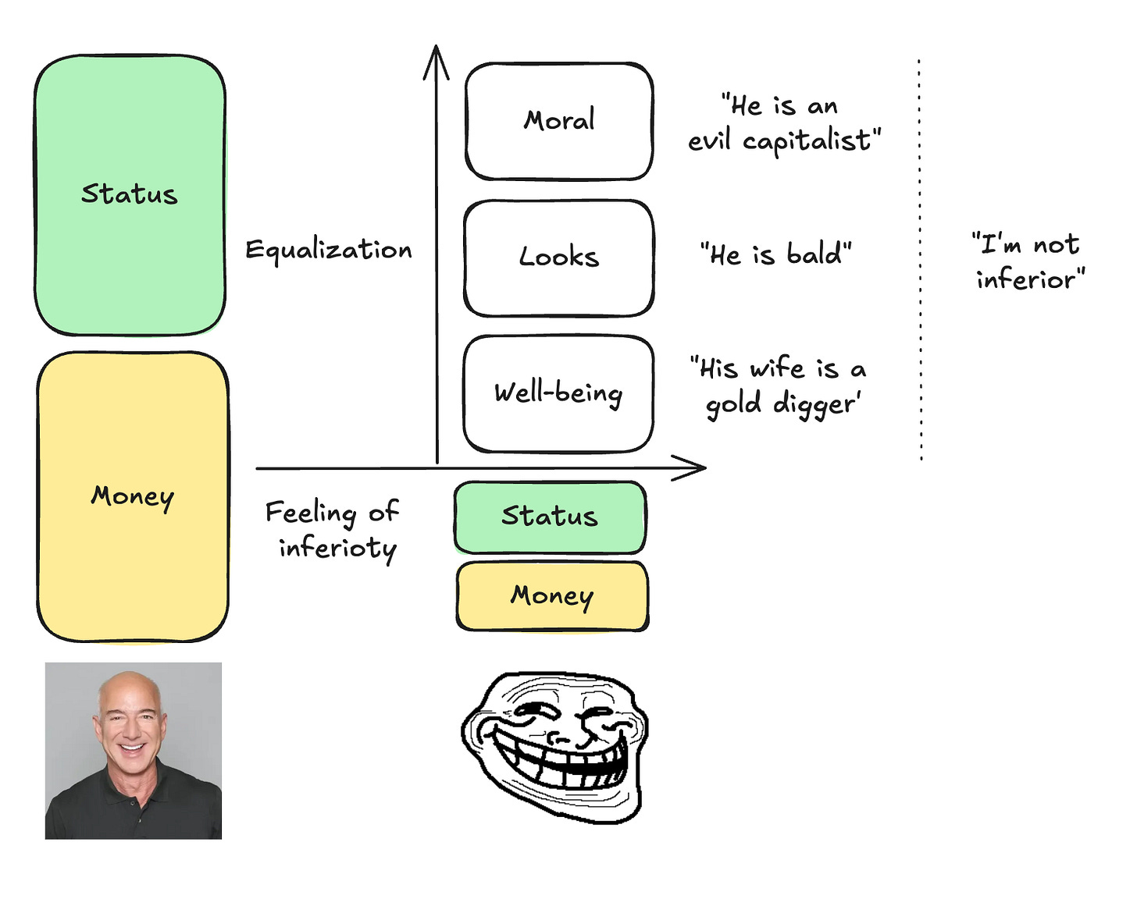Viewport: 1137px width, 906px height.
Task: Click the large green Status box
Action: pyautogui.click(x=130, y=195)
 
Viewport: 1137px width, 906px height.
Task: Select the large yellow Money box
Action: pyautogui.click(x=133, y=496)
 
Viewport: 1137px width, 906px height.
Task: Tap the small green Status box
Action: pyautogui.click(x=550, y=517)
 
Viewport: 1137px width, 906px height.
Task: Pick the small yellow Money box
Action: pyautogui.click(x=552, y=595)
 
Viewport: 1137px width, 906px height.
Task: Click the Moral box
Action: pyautogui.click(x=559, y=121)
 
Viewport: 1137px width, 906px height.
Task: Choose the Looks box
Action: pyautogui.click(x=559, y=258)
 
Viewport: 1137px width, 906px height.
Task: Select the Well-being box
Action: pyautogui.click(x=558, y=393)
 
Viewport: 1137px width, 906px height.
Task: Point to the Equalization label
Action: pyautogui.click(x=328, y=250)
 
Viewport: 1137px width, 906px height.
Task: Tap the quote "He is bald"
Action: pyautogui.click(x=775, y=254)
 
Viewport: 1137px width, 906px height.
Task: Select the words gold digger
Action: pyautogui.click(x=782, y=404)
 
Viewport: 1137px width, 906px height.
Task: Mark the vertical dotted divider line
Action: pyautogui.click(x=921, y=258)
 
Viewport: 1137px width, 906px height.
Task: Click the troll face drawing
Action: pyautogui.click(x=554, y=745)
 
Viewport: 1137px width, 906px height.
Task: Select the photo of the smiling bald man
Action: pyautogui.click(x=134, y=751)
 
